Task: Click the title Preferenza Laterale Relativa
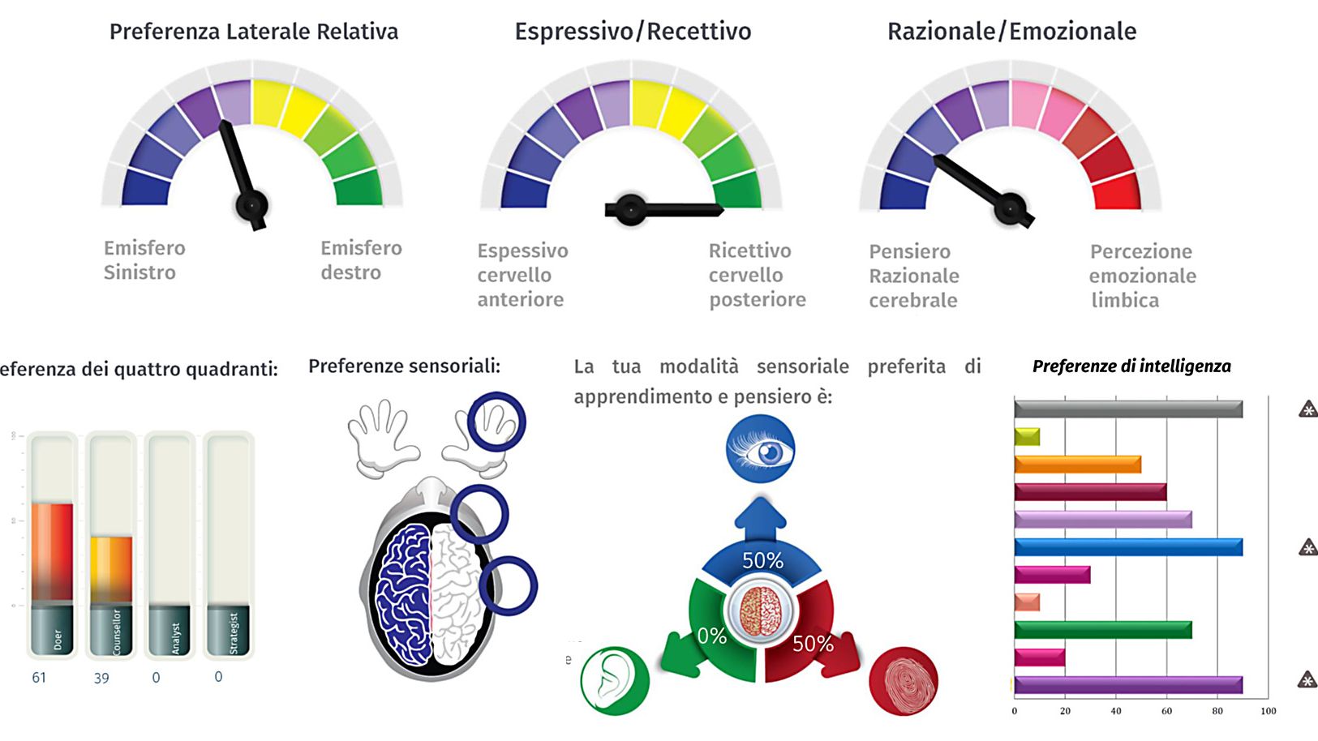(x=254, y=32)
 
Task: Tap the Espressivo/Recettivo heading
(x=633, y=32)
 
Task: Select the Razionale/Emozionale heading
(x=1011, y=32)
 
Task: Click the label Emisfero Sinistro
(x=144, y=260)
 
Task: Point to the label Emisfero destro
(x=360, y=260)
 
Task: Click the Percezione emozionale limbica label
(x=1142, y=276)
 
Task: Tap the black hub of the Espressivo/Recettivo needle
(x=630, y=209)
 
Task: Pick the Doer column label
(x=57, y=639)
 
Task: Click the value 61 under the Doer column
(x=39, y=677)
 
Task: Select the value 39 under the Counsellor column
(x=101, y=678)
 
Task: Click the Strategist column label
(x=234, y=633)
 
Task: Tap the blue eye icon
(x=760, y=449)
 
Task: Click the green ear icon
(x=614, y=680)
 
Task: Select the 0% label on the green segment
(x=711, y=636)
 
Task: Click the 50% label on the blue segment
(x=762, y=560)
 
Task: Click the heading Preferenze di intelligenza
(x=1131, y=366)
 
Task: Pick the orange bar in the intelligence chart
(x=1077, y=465)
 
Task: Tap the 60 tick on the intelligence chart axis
(x=1166, y=711)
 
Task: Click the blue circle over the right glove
(x=496, y=422)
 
